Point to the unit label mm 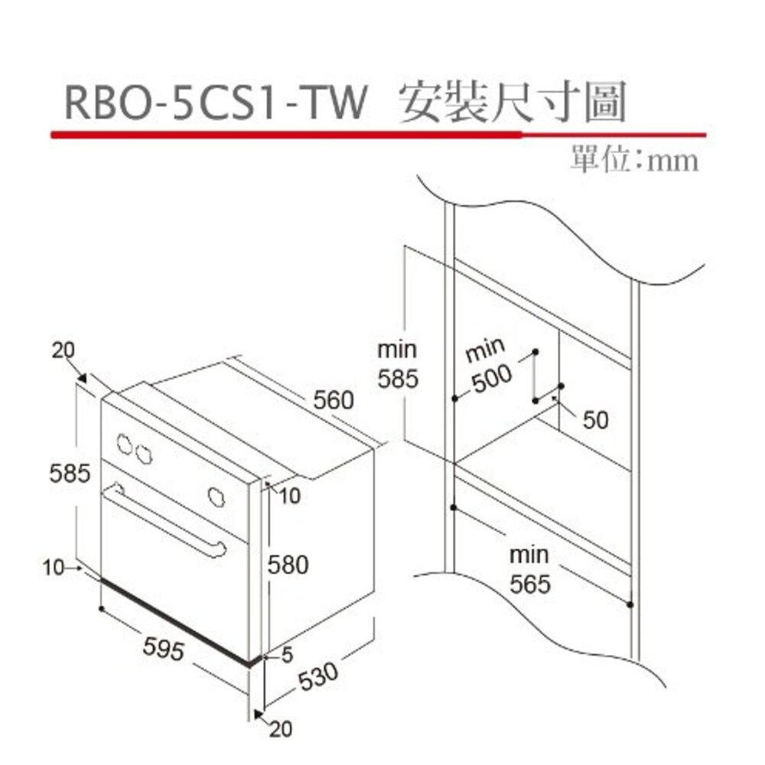pyautogui.click(x=672, y=161)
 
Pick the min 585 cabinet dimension pyautogui.click(x=398, y=364)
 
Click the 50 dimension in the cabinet pyautogui.click(x=595, y=419)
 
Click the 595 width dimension pyautogui.click(x=164, y=649)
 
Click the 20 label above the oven pyautogui.click(x=64, y=350)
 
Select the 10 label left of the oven pyautogui.click(x=54, y=567)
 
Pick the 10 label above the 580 pyautogui.click(x=289, y=496)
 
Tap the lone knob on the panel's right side pyautogui.click(x=216, y=496)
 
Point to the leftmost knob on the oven pyautogui.click(x=123, y=443)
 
